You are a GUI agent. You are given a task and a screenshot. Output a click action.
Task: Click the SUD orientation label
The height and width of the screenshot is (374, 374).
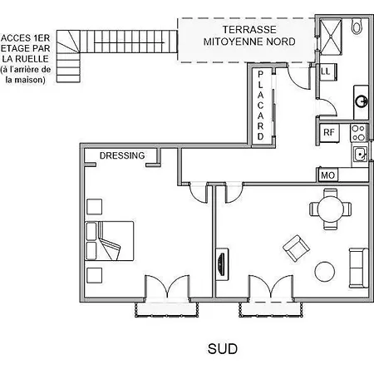tap(223, 349)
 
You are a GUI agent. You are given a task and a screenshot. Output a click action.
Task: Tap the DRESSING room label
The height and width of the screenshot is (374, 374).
tap(122, 155)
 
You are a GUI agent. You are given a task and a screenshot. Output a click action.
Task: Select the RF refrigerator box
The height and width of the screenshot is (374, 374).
tap(330, 132)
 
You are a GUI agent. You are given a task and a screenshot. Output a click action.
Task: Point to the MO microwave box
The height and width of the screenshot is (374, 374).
tap(327, 175)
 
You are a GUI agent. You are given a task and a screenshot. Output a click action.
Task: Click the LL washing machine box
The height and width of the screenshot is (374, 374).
tap(328, 72)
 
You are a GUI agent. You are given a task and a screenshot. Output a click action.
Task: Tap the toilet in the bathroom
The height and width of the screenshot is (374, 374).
tap(357, 26)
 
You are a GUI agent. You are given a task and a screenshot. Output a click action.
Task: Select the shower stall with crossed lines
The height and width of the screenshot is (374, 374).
tap(331, 37)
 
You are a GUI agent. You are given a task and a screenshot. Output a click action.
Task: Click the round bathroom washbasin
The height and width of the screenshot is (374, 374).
tap(362, 101)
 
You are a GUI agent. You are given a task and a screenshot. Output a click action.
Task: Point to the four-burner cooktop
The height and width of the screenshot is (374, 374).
tap(358, 133)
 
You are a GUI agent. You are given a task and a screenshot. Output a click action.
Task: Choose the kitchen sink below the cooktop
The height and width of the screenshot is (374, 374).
tap(360, 154)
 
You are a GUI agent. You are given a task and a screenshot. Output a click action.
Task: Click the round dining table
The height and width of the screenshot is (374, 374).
tap(331, 209)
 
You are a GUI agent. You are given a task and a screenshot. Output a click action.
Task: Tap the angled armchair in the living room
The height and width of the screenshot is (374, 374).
tap(296, 249)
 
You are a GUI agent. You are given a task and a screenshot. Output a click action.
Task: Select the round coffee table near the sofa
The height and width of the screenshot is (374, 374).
tap(325, 272)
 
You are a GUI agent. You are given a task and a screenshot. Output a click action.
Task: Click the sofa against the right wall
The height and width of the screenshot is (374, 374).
tap(359, 268)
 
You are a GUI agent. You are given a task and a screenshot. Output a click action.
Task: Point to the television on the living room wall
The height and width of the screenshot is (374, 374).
tap(222, 264)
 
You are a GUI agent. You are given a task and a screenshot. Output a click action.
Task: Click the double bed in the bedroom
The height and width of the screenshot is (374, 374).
tap(109, 241)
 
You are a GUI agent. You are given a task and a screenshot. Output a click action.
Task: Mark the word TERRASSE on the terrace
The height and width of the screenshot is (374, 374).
tap(249, 29)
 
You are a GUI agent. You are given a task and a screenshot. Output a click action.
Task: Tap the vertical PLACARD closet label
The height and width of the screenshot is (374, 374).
tap(260, 106)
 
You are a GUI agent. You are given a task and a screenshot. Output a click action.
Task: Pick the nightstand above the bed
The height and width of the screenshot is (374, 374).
tap(94, 207)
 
